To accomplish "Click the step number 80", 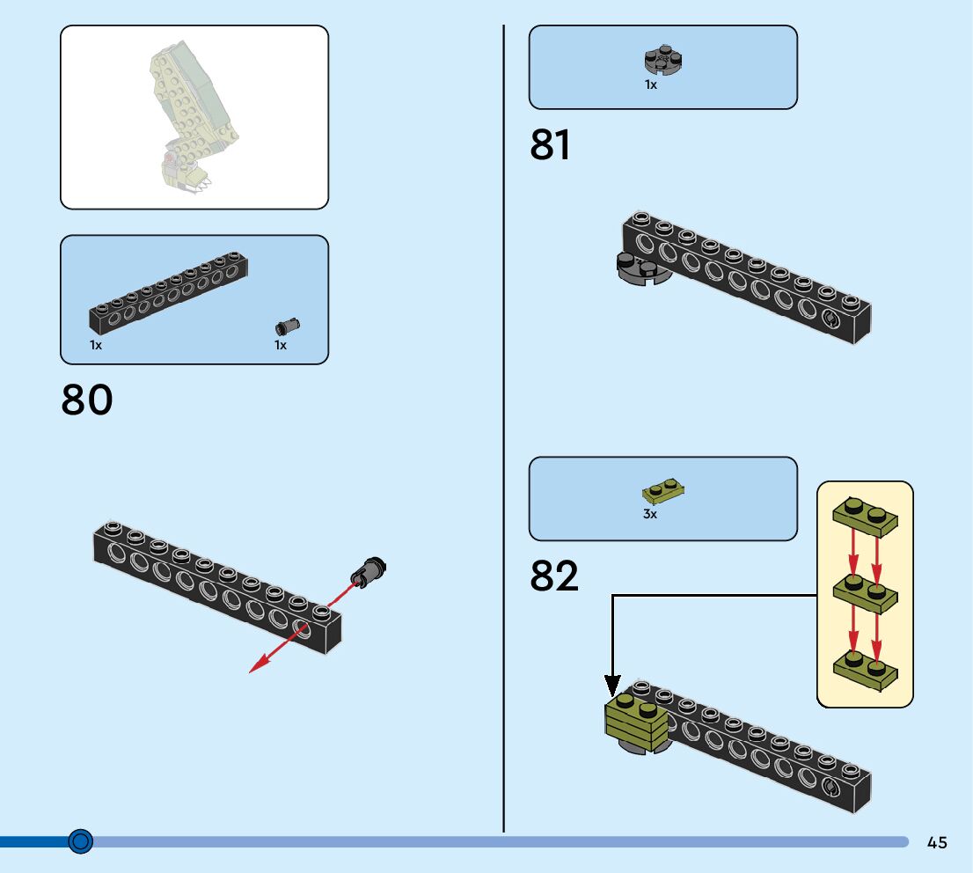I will click(87, 400).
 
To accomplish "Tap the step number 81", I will click(550, 146).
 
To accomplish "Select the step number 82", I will click(554, 576).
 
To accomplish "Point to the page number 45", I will click(937, 842).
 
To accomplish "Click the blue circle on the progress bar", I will click(80, 841).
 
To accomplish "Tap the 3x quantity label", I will click(649, 514).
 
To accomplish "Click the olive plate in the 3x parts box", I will click(663, 489).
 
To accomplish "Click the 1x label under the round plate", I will click(650, 85).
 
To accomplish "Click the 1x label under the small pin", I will click(281, 346).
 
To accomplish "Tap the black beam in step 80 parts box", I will click(167, 293).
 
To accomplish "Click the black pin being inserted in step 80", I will click(370, 572).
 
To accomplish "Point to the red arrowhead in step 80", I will click(255, 669).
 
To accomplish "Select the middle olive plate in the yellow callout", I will click(865, 591).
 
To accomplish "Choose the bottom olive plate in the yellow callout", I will click(865, 667).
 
